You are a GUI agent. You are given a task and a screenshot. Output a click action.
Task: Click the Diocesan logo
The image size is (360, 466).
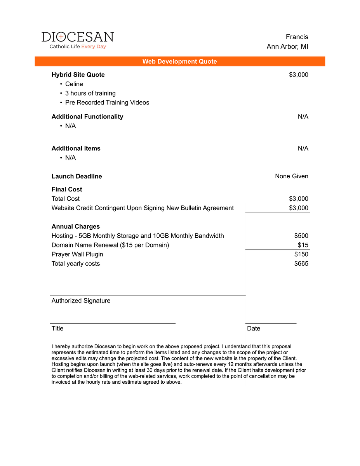click(x=78, y=40)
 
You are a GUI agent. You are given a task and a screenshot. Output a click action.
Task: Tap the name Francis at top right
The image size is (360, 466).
click(x=297, y=37)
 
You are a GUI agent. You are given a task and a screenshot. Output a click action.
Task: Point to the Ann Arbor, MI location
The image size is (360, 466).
click(x=287, y=47)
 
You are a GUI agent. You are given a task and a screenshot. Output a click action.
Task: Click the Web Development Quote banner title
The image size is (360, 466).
click(x=179, y=61)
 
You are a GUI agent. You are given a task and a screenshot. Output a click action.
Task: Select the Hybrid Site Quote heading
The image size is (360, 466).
click(x=78, y=75)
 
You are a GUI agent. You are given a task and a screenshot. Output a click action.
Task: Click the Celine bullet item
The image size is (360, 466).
click(x=74, y=84)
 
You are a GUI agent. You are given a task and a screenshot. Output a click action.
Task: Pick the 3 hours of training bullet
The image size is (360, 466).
click(x=90, y=93)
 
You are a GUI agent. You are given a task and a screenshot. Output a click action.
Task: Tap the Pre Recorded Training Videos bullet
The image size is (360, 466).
click(x=107, y=103)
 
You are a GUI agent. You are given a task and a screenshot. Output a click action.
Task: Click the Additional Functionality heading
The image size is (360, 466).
click(x=87, y=116)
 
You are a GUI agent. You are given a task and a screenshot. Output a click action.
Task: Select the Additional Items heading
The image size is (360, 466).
click(x=76, y=148)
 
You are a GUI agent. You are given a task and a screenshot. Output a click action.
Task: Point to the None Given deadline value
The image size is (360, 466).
click(x=291, y=176)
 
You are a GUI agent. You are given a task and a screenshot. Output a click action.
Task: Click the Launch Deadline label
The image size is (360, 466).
click(x=77, y=176)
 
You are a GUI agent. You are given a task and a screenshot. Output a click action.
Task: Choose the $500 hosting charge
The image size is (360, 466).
click(x=301, y=236)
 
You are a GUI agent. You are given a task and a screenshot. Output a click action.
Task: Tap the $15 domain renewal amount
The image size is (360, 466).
click(x=303, y=245)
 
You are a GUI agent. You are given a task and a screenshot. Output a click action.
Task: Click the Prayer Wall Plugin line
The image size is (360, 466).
click(x=77, y=254)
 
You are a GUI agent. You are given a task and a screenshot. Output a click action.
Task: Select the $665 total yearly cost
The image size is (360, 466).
click(x=301, y=264)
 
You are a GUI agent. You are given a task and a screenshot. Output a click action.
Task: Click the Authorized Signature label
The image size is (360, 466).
click(x=81, y=301)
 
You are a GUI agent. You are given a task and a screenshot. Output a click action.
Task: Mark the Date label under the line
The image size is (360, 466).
click(x=254, y=329)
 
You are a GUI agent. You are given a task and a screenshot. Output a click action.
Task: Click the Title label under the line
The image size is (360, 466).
click(x=57, y=329)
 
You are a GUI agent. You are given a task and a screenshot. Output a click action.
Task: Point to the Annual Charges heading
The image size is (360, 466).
click(x=76, y=226)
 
